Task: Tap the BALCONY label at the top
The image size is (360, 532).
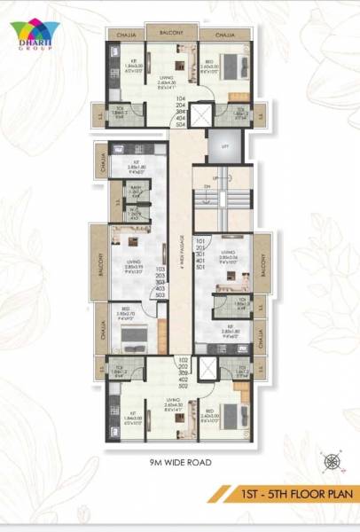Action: point(171,33)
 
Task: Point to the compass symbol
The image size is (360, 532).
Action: point(333,460)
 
